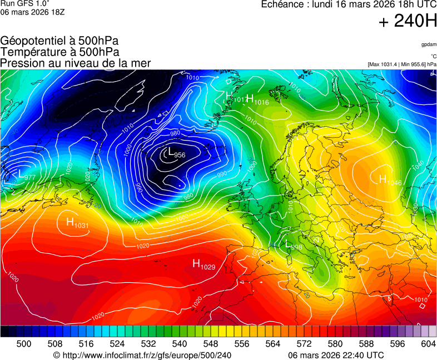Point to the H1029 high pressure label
coord(203,264)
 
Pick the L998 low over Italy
coord(293,245)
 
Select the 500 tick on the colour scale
coord(24,344)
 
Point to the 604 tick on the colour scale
coord(428,344)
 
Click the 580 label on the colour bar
coord(335,344)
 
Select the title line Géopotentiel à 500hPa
coord(59,41)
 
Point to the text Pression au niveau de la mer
coord(75,63)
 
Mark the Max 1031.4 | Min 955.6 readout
coord(401,64)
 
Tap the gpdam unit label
coord(429,44)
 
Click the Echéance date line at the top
coord(349,4)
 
